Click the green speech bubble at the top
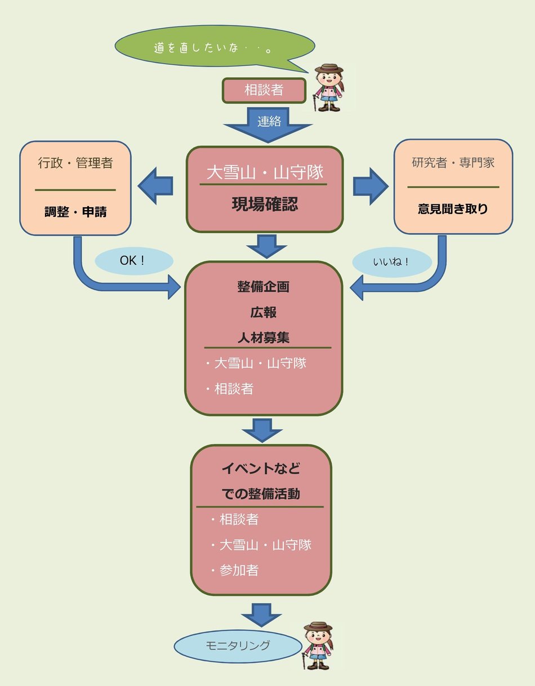(x=214, y=48)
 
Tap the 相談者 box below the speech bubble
(x=264, y=90)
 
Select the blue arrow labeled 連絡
(x=269, y=124)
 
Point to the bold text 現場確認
(x=265, y=204)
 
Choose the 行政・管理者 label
(x=75, y=163)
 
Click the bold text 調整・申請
(x=75, y=212)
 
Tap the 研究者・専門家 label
(x=453, y=163)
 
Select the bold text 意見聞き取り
(x=453, y=209)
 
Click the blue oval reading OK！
(x=133, y=261)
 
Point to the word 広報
(x=264, y=312)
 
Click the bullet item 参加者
(x=239, y=570)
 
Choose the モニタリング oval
(x=238, y=646)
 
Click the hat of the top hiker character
(x=329, y=69)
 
